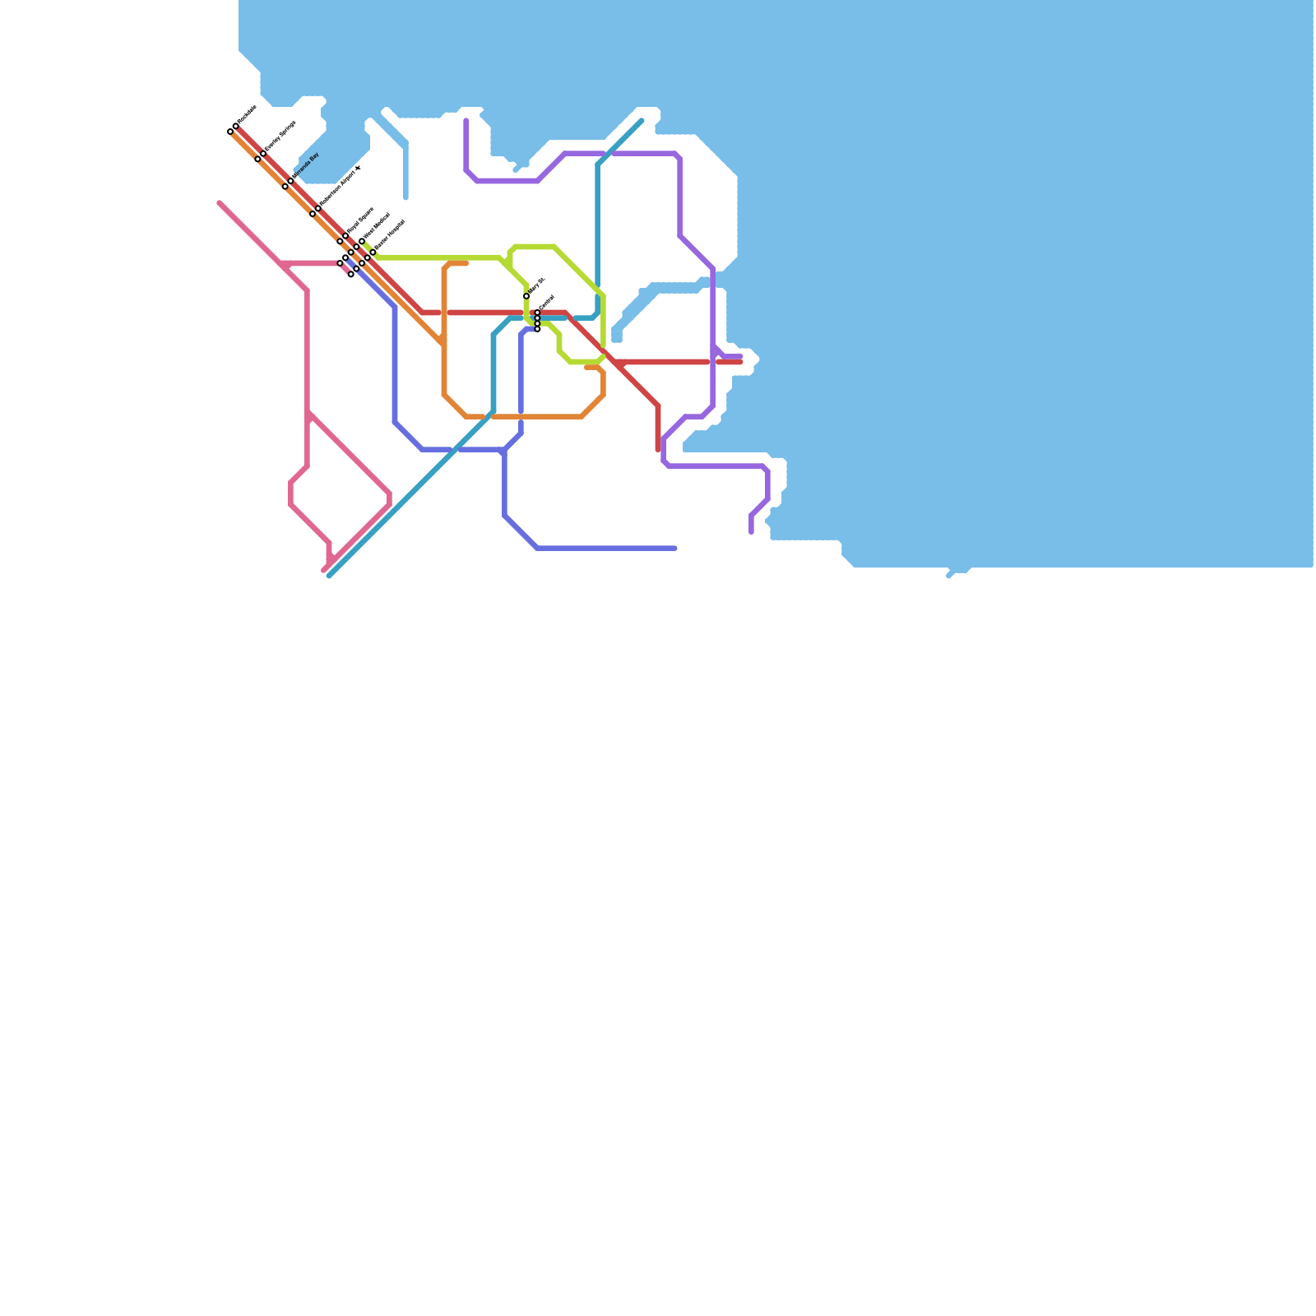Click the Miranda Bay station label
point(306,166)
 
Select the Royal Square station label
point(360,221)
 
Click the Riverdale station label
point(247,115)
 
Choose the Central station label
point(547,302)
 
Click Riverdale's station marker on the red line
point(236,126)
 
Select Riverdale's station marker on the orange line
point(230,132)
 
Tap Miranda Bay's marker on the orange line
point(285,187)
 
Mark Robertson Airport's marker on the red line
point(318,208)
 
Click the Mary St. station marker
point(526,296)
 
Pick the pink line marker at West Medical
point(340,263)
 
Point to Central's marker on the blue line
point(538,329)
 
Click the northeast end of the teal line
point(642,121)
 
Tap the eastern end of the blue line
point(675,549)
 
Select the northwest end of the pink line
point(220,202)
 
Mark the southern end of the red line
point(658,449)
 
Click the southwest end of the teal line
point(329,576)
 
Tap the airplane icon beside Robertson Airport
point(358,169)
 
